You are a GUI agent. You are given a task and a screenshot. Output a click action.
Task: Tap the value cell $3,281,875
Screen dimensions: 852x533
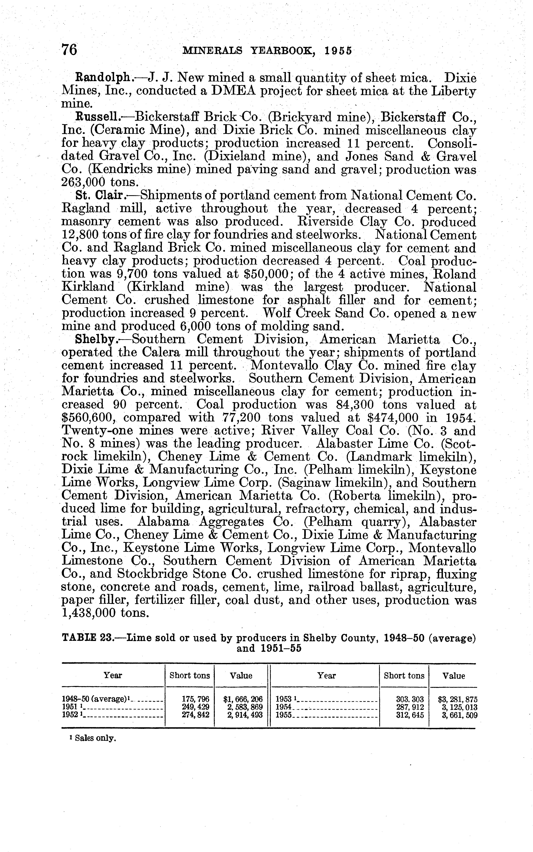click(457, 699)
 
